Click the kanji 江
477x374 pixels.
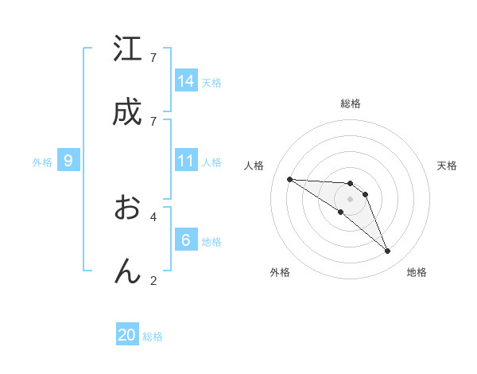point(127,49)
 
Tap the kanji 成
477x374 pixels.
point(127,113)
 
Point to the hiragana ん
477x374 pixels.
point(127,271)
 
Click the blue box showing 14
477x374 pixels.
point(186,81)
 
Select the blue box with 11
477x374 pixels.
point(186,161)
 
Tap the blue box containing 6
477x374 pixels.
point(186,240)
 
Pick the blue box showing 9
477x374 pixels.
point(68,161)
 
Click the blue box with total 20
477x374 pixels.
point(127,335)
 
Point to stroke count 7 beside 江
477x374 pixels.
point(153,58)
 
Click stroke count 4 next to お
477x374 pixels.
point(153,216)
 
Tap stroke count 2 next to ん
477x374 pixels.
point(153,280)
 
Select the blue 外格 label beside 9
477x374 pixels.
point(42,162)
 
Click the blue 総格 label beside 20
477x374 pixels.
point(153,337)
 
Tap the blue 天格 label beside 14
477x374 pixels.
point(211,83)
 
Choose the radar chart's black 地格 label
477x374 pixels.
point(417,272)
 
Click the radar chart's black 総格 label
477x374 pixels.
point(351,103)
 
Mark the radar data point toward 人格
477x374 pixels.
point(289,179)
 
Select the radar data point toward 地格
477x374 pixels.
point(387,251)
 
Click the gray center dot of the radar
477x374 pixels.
point(350,199)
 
